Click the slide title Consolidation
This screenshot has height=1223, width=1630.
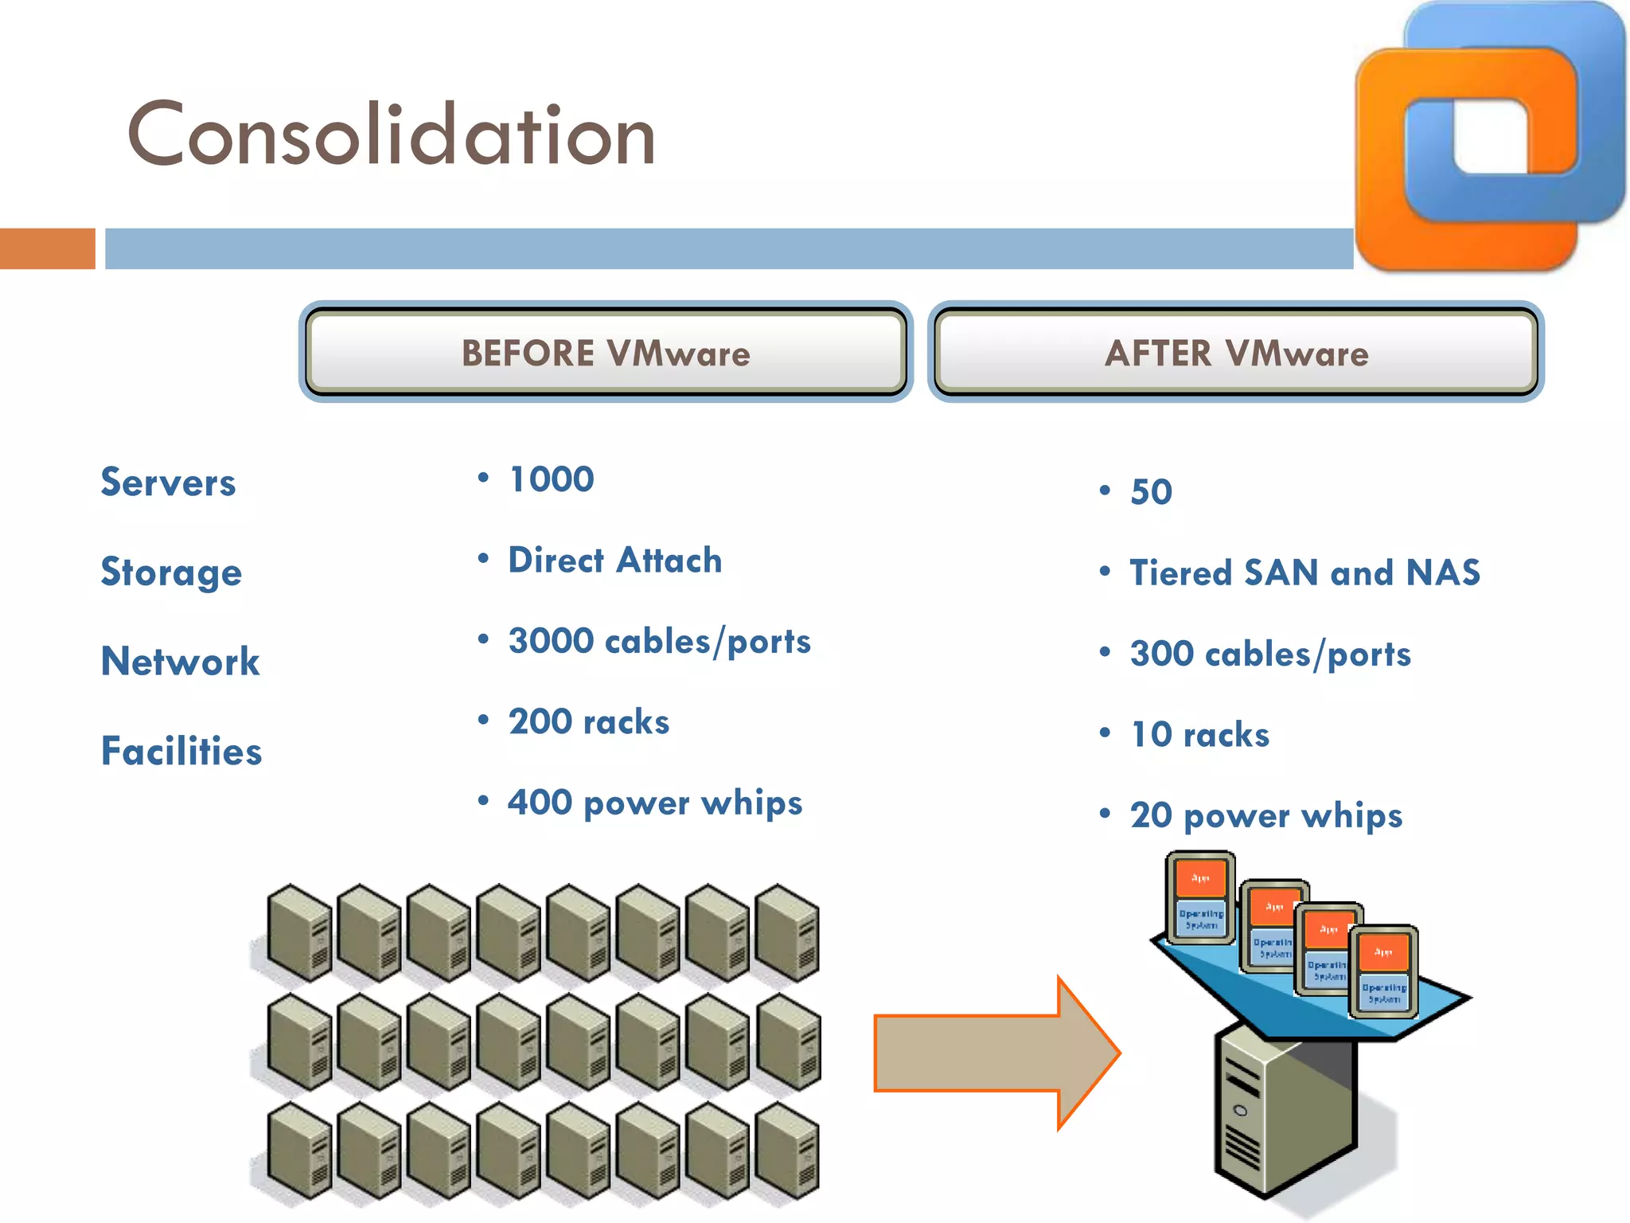(x=391, y=135)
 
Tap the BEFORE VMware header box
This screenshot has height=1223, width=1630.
(x=606, y=353)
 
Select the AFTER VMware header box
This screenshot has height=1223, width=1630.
(x=1236, y=353)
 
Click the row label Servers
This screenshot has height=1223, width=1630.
(x=168, y=483)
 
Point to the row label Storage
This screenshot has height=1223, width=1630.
(x=171, y=572)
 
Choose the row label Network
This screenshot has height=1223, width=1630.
(x=180, y=662)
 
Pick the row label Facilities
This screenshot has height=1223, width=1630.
(x=181, y=752)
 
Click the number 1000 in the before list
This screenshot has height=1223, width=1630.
(x=552, y=479)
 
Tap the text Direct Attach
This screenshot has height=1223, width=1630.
(x=615, y=561)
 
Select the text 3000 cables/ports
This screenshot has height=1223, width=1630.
(x=659, y=642)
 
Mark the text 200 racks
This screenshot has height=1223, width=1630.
(x=589, y=722)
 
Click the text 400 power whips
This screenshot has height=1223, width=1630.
(x=655, y=803)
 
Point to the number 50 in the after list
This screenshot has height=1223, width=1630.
(x=1151, y=492)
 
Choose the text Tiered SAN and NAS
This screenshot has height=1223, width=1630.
(x=1305, y=573)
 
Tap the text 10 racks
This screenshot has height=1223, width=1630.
(x=1199, y=735)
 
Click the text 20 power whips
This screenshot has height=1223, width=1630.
(x=1266, y=816)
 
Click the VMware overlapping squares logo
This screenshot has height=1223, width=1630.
(x=1489, y=135)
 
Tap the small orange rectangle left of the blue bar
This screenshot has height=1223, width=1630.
(x=47, y=248)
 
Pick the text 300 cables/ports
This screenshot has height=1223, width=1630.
(x=1270, y=654)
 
